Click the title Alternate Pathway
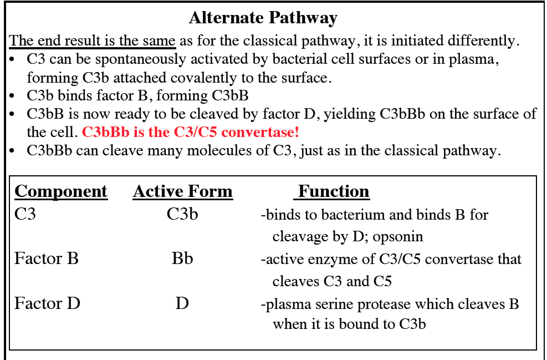(x=263, y=18)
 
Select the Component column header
(x=61, y=191)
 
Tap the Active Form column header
(x=183, y=191)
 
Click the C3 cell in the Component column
(x=25, y=214)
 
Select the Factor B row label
(x=47, y=258)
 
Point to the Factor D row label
(x=47, y=303)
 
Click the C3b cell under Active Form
(x=182, y=214)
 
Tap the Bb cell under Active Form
(x=182, y=258)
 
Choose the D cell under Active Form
(x=182, y=303)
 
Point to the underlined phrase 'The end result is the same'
(x=93, y=40)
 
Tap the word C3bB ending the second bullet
(x=231, y=95)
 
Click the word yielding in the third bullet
(x=350, y=114)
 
